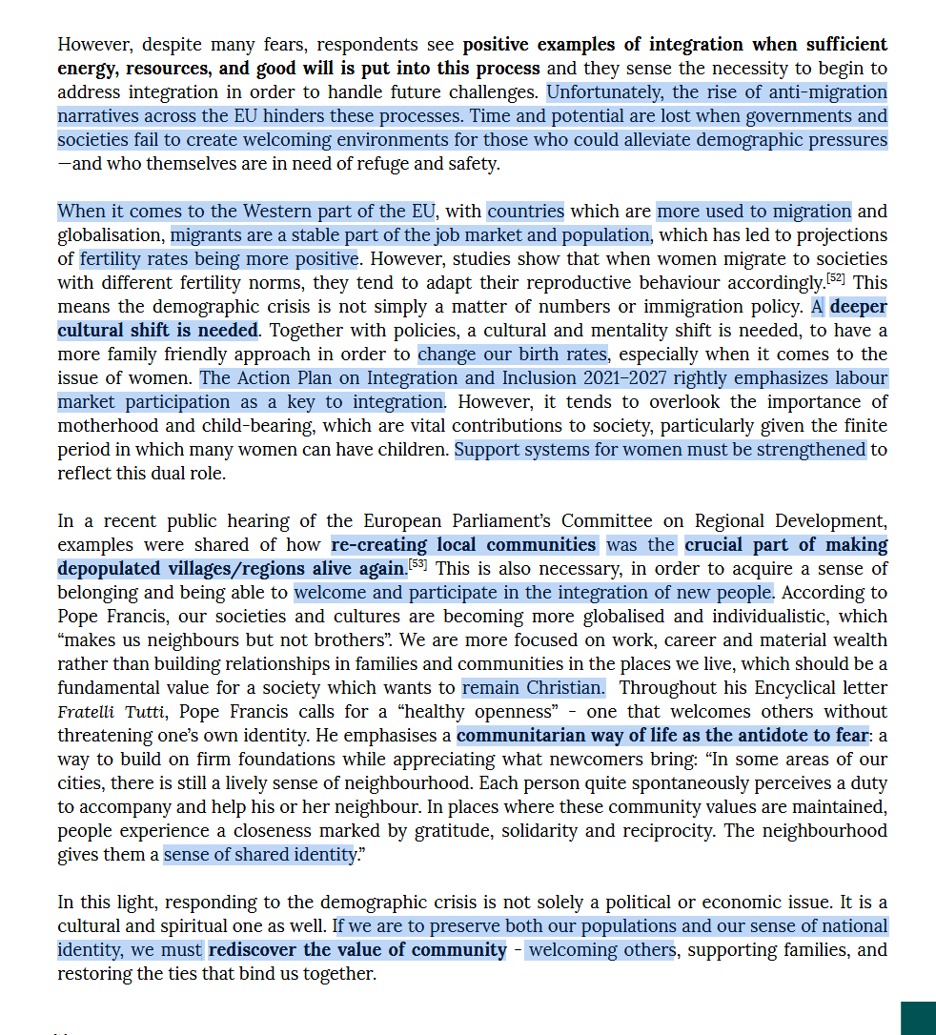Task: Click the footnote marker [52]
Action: click(x=836, y=278)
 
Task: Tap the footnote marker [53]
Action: click(x=417, y=564)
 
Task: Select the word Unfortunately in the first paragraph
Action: click(x=605, y=92)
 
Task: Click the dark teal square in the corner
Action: click(x=918, y=1017)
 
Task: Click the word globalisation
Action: click(x=111, y=235)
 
